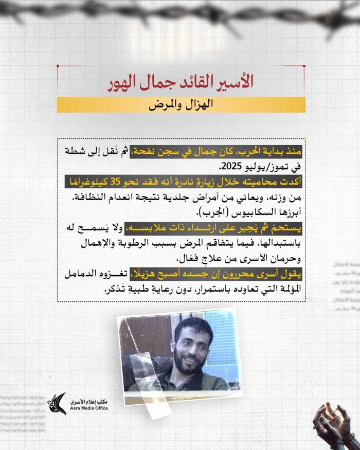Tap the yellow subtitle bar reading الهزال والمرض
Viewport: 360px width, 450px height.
[181, 105]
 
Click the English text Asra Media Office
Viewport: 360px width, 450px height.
[88, 408]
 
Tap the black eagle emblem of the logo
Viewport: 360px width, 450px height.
[57, 403]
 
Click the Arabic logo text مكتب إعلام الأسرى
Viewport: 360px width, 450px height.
[88, 401]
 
